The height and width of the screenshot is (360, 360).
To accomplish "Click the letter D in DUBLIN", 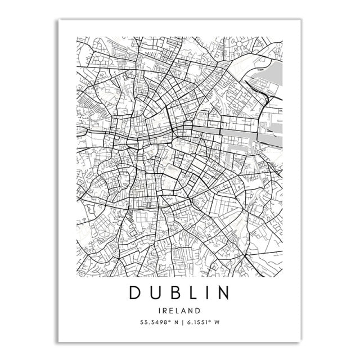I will (x=136, y=293).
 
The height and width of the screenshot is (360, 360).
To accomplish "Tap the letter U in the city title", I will (x=155, y=293).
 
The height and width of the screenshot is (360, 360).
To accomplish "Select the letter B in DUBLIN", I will (x=173, y=293).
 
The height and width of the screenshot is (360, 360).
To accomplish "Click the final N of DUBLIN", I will (x=223, y=293).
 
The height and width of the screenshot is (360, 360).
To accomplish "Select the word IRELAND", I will (x=179, y=310).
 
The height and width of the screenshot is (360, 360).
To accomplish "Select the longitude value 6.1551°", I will (x=193, y=322).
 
